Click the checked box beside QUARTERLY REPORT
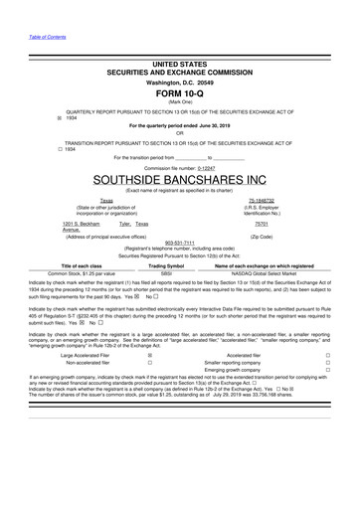[x=29, y=118]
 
